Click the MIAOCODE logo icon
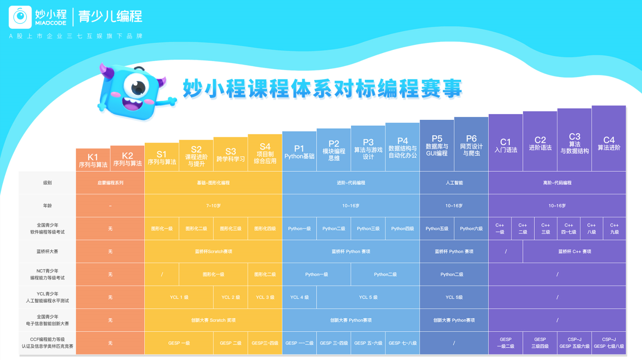pyautogui.click(x=20, y=17)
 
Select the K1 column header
pyautogui.click(x=93, y=160)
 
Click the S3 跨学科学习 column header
pyautogui.click(x=230, y=154)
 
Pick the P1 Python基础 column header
pyautogui.click(x=299, y=152)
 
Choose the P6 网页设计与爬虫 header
pyautogui.click(x=471, y=144)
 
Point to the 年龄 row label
pyautogui.click(x=47, y=205)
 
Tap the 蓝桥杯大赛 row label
pyautogui.click(x=47, y=251)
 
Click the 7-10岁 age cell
pyautogui.click(x=213, y=205)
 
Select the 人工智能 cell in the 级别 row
pyautogui.click(x=454, y=183)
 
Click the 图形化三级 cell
pyautogui.click(x=230, y=229)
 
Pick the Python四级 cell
pyautogui.click(x=403, y=229)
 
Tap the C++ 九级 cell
pyautogui.click(x=614, y=229)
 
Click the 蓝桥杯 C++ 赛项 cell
pyautogui.click(x=574, y=251)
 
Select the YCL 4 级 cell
pyautogui.click(x=299, y=297)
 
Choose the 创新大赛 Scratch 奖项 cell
pyautogui.click(x=213, y=320)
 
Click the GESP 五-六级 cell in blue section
pyautogui.click(x=368, y=343)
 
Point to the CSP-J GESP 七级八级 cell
pyautogui.click(x=609, y=343)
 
